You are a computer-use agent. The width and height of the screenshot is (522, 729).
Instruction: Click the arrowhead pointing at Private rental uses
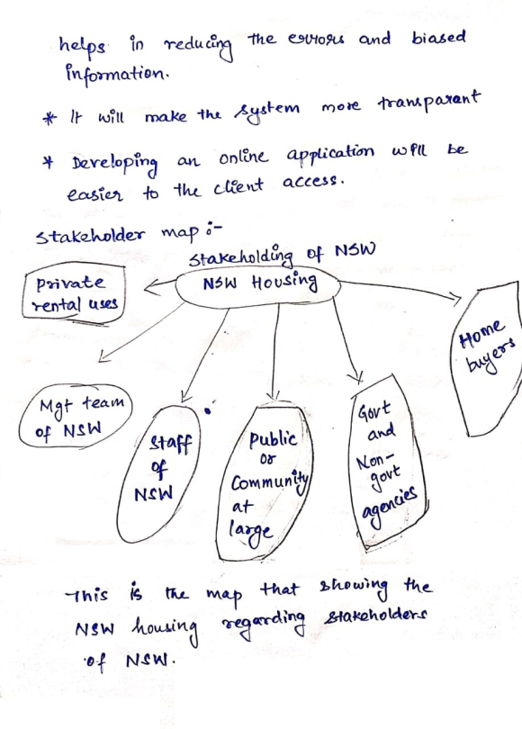pyautogui.click(x=151, y=287)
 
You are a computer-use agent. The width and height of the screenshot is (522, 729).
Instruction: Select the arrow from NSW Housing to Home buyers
pyautogui.click(x=400, y=290)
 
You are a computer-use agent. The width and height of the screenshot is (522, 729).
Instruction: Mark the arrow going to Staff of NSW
pyautogui.click(x=204, y=355)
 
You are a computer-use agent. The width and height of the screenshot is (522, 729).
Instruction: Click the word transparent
pyautogui.click(x=428, y=102)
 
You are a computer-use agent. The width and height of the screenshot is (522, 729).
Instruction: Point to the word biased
pyautogui.click(x=438, y=38)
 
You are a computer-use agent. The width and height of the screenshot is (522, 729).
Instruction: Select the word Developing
pyautogui.click(x=114, y=164)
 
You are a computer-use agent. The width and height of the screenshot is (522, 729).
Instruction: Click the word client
pyautogui.click(x=238, y=187)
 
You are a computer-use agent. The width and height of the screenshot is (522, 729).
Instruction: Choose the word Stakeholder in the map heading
pyautogui.click(x=90, y=235)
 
